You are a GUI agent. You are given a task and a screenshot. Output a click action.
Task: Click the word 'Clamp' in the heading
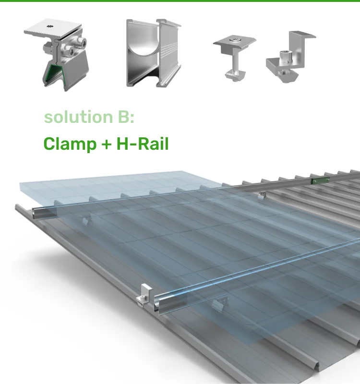pyautogui.click(x=70, y=144)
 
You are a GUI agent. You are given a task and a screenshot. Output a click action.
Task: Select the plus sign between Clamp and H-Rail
pyautogui.click(x=106, y=144)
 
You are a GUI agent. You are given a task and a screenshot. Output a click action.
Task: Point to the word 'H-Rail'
pyautogui.click(x=143, y=144)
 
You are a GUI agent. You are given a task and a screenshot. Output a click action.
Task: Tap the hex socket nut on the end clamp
pyautogui.click(x=290, y=58)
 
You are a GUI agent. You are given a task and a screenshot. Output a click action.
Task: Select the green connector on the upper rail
pyautogui.click(x=316, y=181)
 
